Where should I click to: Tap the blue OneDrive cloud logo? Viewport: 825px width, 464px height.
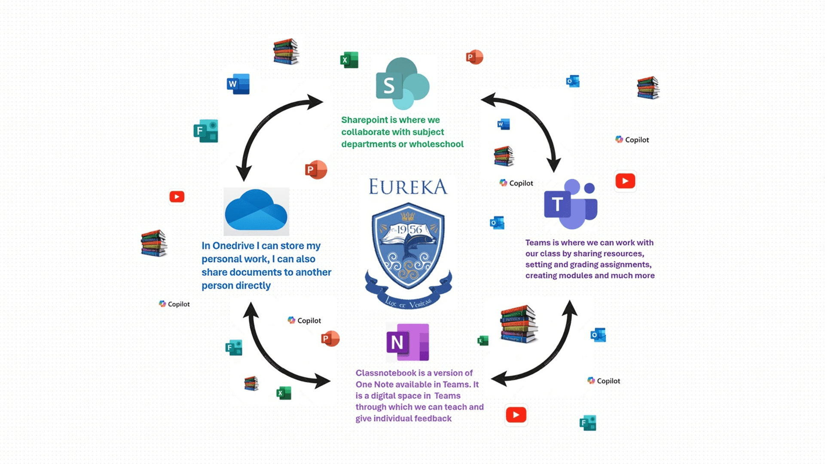coord(256,211)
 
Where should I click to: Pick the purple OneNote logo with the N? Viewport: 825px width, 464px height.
coord(407,342)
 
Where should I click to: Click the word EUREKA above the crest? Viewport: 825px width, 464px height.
coord(408,187)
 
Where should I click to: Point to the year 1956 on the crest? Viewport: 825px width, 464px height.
coord(409,230)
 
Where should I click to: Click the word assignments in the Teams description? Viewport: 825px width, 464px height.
coord(626,265)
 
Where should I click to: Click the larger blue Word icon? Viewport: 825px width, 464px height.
coord(238,84)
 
